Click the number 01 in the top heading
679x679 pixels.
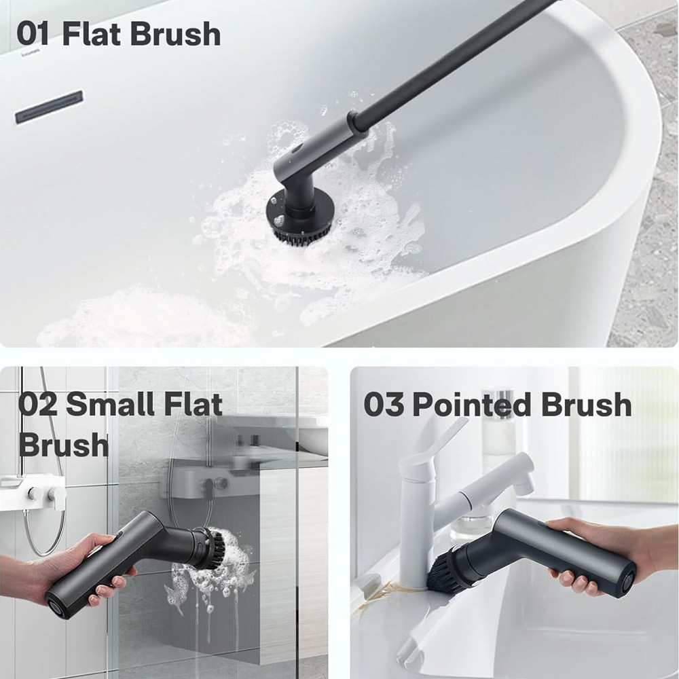(33, 34)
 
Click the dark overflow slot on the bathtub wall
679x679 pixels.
(49, 107)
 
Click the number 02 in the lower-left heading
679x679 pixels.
(37, 405)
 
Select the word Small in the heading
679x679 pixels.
(110, 403)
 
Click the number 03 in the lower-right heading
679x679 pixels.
(384, 405)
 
